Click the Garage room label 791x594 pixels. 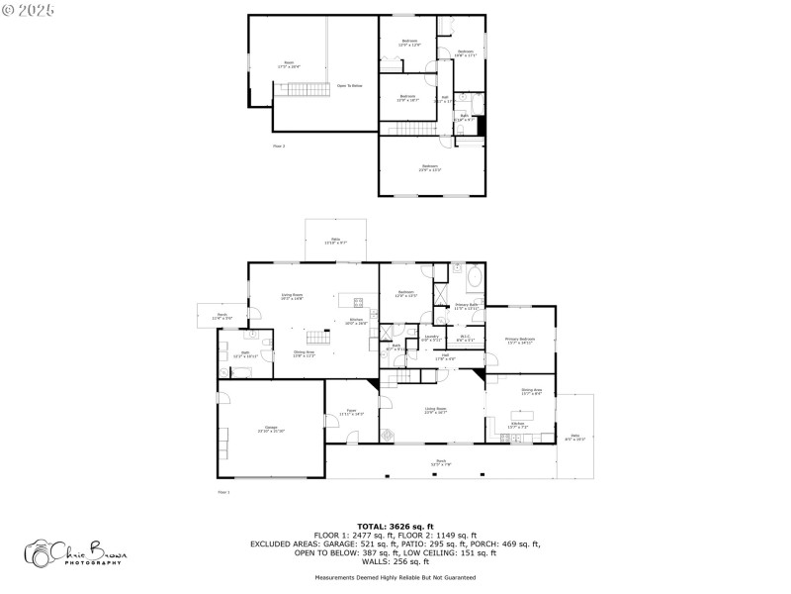pyautogui.click(x=270, y=429)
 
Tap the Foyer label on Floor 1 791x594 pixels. pyautogui.click(x=351, y=411)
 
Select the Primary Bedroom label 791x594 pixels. pyautogui.click(x=519, y=342)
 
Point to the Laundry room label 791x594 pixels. pyautogui.click(x=430, y=339)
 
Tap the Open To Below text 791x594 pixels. pyautogui.click(x=350, y=86)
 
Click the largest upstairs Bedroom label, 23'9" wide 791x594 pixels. pyautogui.click(x=430, y=167)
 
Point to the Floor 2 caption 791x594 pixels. pyautogui.click(x=279, y=146)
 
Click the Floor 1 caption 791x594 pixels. pyautogui.click(x=223, y=491)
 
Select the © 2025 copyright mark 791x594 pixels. pyautogui.click(x=30, y=9)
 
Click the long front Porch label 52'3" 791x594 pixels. pyautogui.click(x=440, y=462)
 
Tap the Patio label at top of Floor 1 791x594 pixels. pyautogui.click(x=335, y=241)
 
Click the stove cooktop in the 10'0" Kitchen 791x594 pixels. pyautogui.click(x=359, y=302)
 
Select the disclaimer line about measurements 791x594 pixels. pyautogui.click(x=395, y=577)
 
